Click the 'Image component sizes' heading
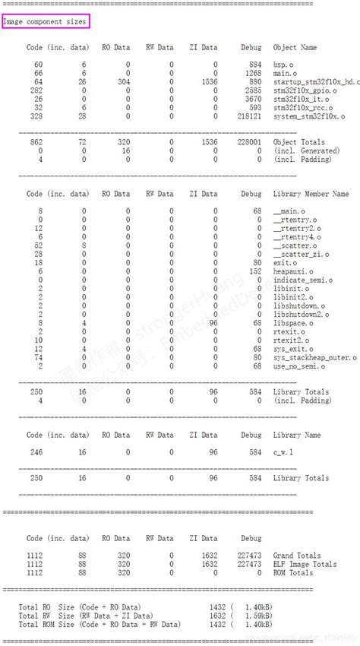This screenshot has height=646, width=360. (x=45, y=21)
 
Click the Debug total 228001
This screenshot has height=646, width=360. (x=248, y=142)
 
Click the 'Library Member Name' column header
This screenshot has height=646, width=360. (x=311, y=194)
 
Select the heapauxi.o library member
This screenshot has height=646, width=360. (x=292, y=271)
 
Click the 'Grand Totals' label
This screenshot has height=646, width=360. (x=297, y=556)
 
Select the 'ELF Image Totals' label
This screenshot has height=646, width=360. (x=305, y=564)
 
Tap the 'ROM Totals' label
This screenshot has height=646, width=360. (x=292, y=572)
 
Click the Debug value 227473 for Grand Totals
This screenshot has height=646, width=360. (x=248, y=556)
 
